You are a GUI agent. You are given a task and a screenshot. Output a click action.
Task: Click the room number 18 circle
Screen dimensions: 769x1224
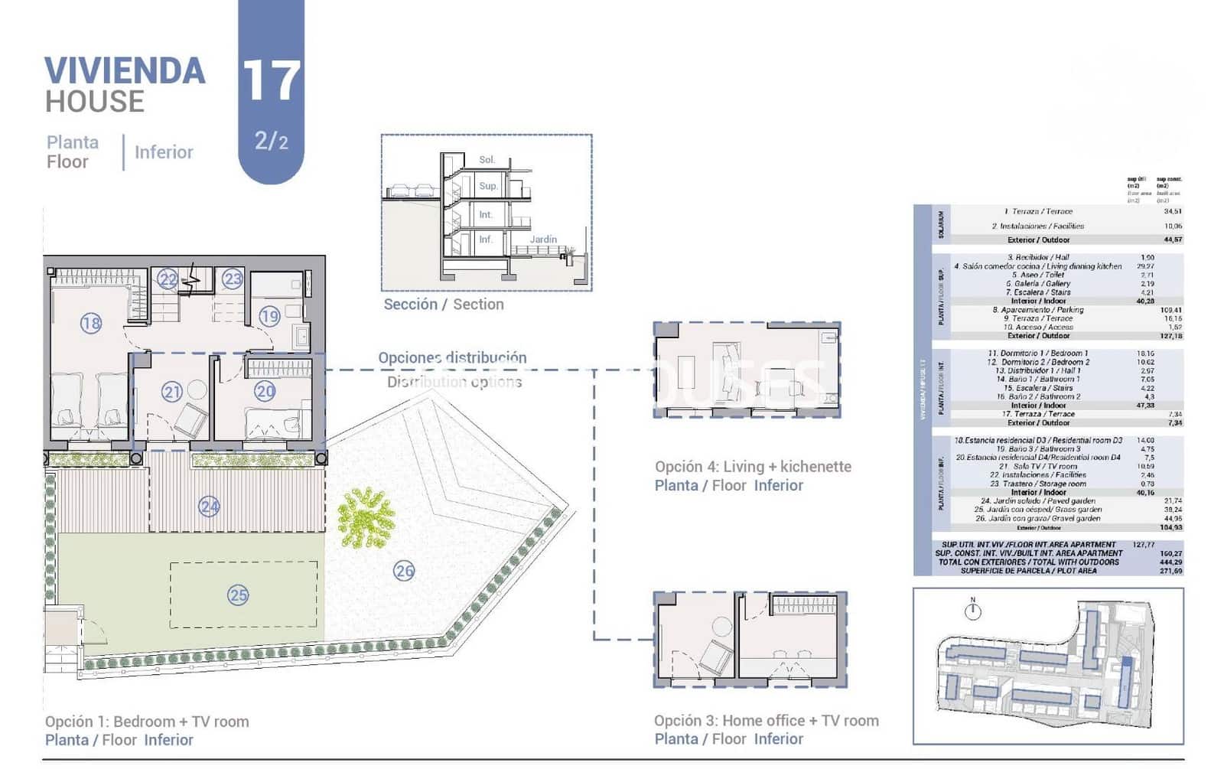(90, 323)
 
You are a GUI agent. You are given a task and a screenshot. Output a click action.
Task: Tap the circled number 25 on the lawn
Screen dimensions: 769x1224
(238, 595)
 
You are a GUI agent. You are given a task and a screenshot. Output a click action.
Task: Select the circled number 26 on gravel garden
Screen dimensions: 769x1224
(404, 570)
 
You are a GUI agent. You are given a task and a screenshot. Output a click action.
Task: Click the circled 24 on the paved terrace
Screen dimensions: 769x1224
(209, 506)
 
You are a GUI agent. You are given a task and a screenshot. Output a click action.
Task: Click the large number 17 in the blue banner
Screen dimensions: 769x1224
(271, 80)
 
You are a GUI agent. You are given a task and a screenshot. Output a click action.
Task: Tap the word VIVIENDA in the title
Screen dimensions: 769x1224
(125, 71)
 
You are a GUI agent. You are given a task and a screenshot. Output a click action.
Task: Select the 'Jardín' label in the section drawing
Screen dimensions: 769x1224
(543, 239)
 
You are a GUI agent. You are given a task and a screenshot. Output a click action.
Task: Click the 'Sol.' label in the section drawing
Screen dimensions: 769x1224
(487, 160)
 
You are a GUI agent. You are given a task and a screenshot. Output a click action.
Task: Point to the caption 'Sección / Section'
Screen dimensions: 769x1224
(444, 304)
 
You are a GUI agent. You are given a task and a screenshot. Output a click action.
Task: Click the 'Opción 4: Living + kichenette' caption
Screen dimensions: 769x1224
(753, 467)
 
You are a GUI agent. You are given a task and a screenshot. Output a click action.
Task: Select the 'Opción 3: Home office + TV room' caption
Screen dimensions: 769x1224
(766, 720)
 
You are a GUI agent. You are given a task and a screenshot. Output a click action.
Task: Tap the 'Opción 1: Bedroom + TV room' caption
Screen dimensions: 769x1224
(147, 721)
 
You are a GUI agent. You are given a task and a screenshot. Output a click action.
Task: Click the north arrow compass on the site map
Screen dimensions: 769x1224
(973, 611)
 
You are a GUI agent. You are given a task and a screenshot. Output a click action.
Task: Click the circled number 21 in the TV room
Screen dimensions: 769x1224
(171, 392)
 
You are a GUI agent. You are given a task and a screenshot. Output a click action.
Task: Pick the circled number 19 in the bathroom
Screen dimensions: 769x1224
(269, 315)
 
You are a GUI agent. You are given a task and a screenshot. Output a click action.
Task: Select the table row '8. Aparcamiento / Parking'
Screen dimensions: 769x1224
(1038, 310)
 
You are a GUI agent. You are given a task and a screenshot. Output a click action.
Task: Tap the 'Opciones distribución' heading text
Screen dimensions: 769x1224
(452, 357)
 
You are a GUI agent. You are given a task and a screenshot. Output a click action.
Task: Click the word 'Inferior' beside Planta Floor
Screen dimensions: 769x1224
(164, 152)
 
